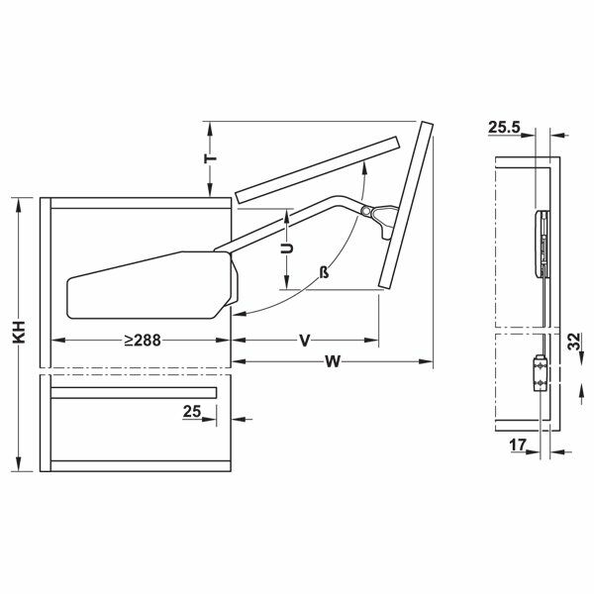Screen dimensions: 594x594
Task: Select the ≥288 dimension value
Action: pyautogui.click(x=143, y=340)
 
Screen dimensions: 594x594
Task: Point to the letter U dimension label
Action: pyautogui.click(x=286, y=249)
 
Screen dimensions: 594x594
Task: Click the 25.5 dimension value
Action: pyautogui.click(x=504, y=127)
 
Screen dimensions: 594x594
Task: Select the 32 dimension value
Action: pyautogui.click(x=573, y=342)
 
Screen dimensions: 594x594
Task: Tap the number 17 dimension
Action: pyautogui.click(x=517, y=445)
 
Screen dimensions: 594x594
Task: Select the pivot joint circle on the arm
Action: pyautogui.click(x=367, y=211)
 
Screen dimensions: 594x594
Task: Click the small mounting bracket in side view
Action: pyautogui.click(x=540, y=374)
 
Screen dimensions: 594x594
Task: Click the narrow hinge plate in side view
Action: pyautogui.click(x=541, y=243)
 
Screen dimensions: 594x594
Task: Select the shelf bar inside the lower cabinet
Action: pyautogui.click(x=133, y=393)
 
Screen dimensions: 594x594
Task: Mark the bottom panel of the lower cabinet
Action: pyautogui.click(x=139, y=465)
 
